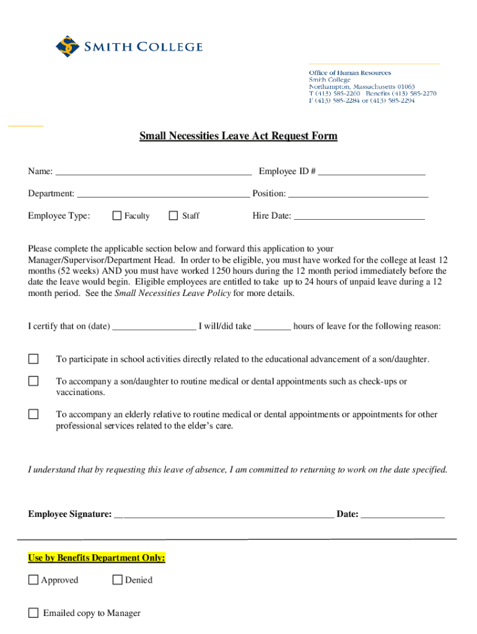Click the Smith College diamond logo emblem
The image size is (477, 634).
coord(68,47)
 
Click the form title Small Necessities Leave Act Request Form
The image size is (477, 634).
coord(239,136)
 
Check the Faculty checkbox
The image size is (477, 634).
coord(116,215)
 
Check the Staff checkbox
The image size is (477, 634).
coord(173,215)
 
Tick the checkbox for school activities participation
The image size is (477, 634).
coord(33,359)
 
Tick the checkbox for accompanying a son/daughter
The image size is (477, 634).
coord(33,381)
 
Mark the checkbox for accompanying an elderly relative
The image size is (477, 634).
coord(33,414)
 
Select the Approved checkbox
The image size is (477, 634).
coord(33,580)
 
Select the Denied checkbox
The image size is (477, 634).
coord(117,580)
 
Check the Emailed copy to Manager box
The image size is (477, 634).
coord(33,613)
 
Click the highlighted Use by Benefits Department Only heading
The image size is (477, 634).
coord(97,558)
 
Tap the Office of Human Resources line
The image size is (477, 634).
coord(350,73)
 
